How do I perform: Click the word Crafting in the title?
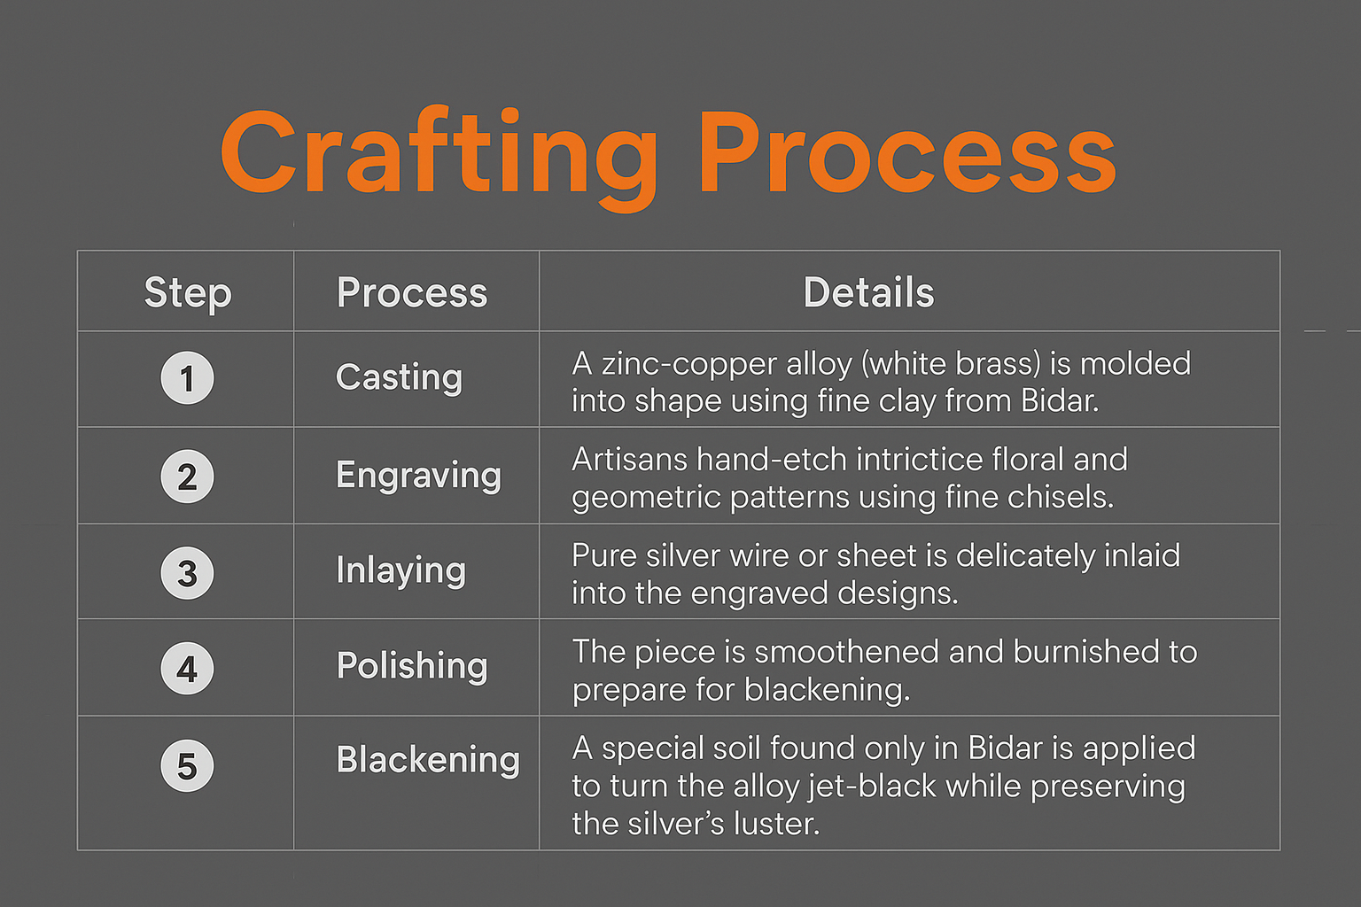pos(439,158)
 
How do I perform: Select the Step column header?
pos(188,294)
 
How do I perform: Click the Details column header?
pos(868,292)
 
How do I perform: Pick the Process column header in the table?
pos(412,292)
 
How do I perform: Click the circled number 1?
pos(187,378)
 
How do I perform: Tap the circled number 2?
pos(187,477)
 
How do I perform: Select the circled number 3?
pos(187,573)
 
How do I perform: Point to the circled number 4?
pos(187,668)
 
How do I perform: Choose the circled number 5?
pos(187,765)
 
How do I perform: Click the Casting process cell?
pos(400,378)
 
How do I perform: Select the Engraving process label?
pos(418,475)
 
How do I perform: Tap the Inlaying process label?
pos(401,571)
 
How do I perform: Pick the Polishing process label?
pos(412,666)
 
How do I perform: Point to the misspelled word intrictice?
pos(920,459)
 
